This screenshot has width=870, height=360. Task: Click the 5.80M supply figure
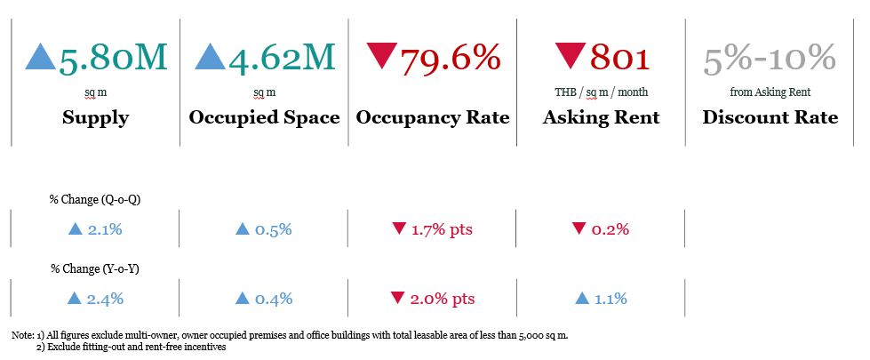pyautogui.click(x=113, y=59)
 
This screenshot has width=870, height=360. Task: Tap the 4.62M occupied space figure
pyautogui.click(x=281, y=59)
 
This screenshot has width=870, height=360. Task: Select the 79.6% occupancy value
pyautogui.click(x=451, y=59)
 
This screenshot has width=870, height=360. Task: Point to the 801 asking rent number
pyautogui.click(x=619, y=59)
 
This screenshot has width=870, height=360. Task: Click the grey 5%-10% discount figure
pyautogui.click(x=770, y=59)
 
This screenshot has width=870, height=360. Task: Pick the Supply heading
pyautogui.click(x=95, y=117)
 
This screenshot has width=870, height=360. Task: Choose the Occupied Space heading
pyautogui.click(x=264, y=117)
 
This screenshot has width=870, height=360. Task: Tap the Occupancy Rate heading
pyautogui.click(x=433, y=117)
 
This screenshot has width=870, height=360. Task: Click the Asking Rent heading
pyautogui.click(x=602, y=117)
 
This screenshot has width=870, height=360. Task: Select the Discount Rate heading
pyautogui.click(x=770, y=117)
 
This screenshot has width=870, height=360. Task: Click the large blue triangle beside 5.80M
pyautogui.click(x=41, y=57)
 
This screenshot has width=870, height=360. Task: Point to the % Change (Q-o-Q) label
pyautogui.click(x=95, y=199)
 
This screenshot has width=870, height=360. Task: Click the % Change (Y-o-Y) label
pyautogui.click(x=95, y=268)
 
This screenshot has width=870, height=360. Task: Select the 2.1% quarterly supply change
pyautogui.click(x=104, y=229)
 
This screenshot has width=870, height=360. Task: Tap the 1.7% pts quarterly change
pyautogui.click(x=442, y=229)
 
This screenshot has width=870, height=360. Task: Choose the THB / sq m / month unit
pyautogui.click(x=602, y=92)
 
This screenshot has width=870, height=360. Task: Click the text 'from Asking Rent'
pyautogui.click(x=770, y=92)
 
